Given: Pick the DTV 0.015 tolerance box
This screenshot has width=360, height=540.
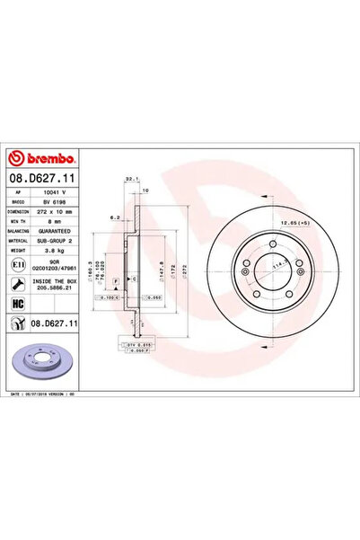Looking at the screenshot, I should click(135, 344).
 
